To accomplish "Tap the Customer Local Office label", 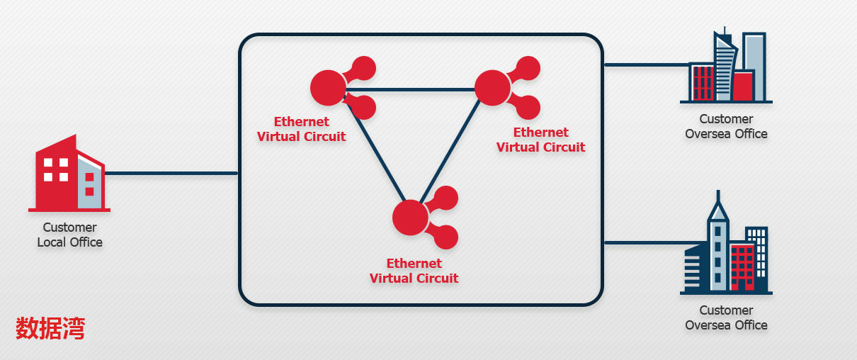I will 69,235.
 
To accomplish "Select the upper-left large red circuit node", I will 328,87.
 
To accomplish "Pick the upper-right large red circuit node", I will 492,87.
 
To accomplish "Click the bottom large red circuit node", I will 410,217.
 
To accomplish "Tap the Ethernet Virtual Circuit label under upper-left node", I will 301,129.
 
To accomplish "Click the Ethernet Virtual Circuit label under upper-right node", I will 540,140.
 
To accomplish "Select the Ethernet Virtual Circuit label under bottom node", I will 414,271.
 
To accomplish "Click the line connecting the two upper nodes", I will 411,90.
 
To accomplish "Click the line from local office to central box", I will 170,173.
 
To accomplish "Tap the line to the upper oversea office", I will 645,64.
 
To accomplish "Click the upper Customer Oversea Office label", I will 726,126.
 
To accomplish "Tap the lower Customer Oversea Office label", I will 726,317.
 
